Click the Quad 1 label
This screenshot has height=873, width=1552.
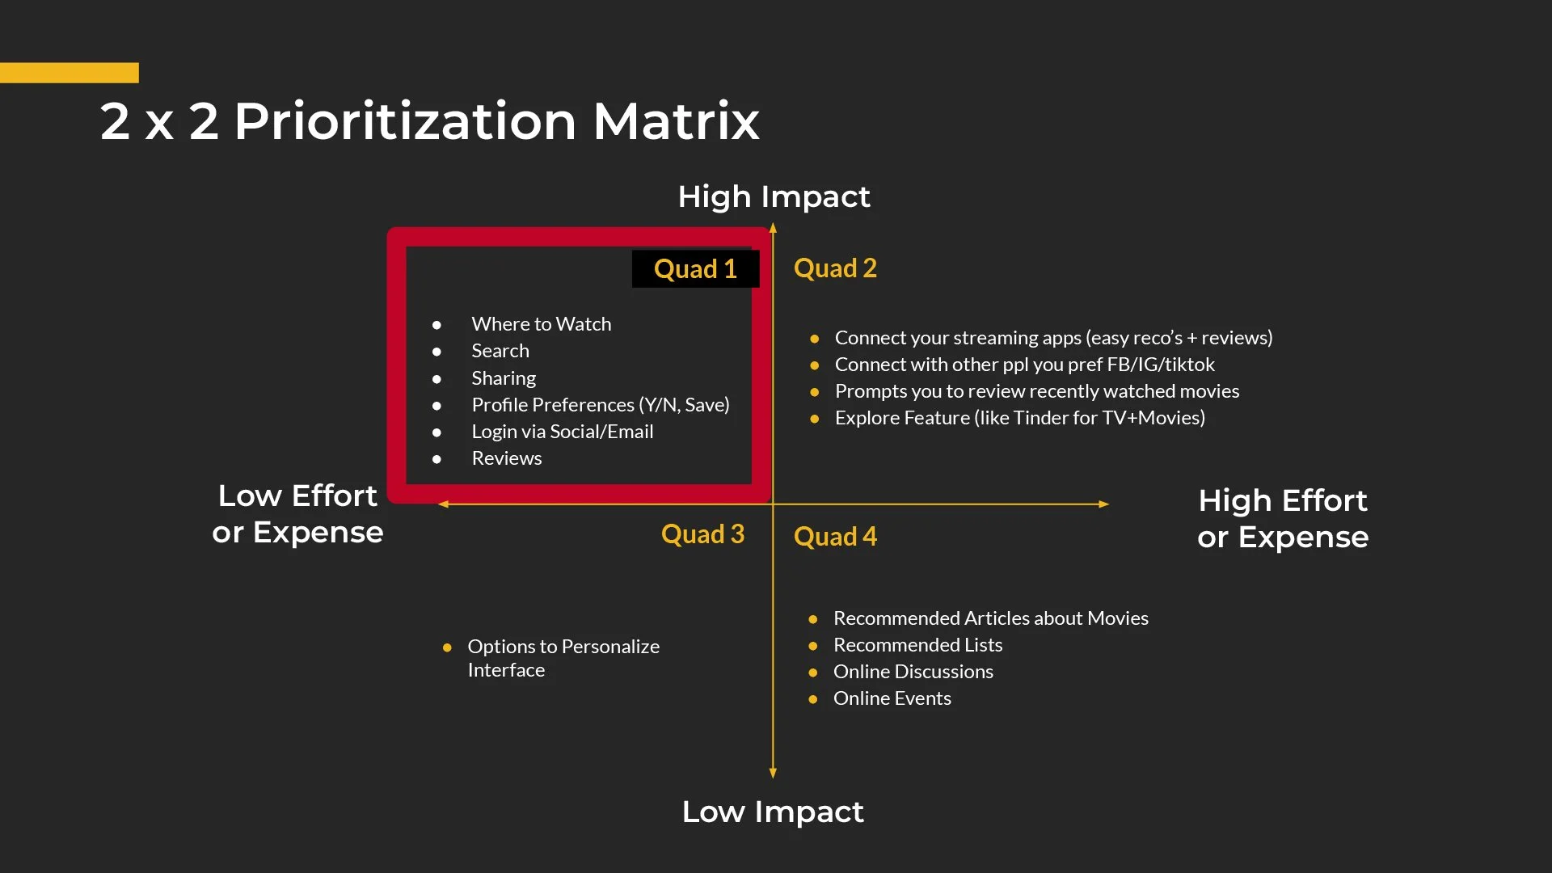click(695, 269)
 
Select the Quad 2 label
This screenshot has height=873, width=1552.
click(835, 268)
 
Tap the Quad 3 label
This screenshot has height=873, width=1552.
click(702, 534)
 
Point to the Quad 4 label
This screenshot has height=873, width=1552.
click(835, 537)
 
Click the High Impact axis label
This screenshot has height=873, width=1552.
click(774, 196)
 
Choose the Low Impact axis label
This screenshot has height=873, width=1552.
click(773, 812)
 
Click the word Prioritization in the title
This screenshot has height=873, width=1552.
click(405, 121)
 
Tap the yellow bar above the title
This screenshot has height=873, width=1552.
click(70, 73)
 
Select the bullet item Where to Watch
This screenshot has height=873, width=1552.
click(541, 324)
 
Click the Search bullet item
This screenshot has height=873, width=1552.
click(500, 351)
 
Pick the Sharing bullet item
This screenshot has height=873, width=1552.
click(504, 378)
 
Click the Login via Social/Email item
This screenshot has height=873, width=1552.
click(563, 432)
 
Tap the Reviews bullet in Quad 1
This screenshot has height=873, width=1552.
click(507, 458)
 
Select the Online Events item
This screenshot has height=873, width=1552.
click(892, 698)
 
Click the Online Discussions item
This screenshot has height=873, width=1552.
click(913, 672)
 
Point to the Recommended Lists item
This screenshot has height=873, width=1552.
click(917, 645)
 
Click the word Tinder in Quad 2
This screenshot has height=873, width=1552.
click(1040, 418)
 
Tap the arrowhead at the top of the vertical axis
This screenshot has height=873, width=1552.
click(773, 229)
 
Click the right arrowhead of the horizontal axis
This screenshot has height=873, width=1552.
click(1104, 504)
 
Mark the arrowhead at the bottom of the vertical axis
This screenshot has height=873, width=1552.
click(773, 774)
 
